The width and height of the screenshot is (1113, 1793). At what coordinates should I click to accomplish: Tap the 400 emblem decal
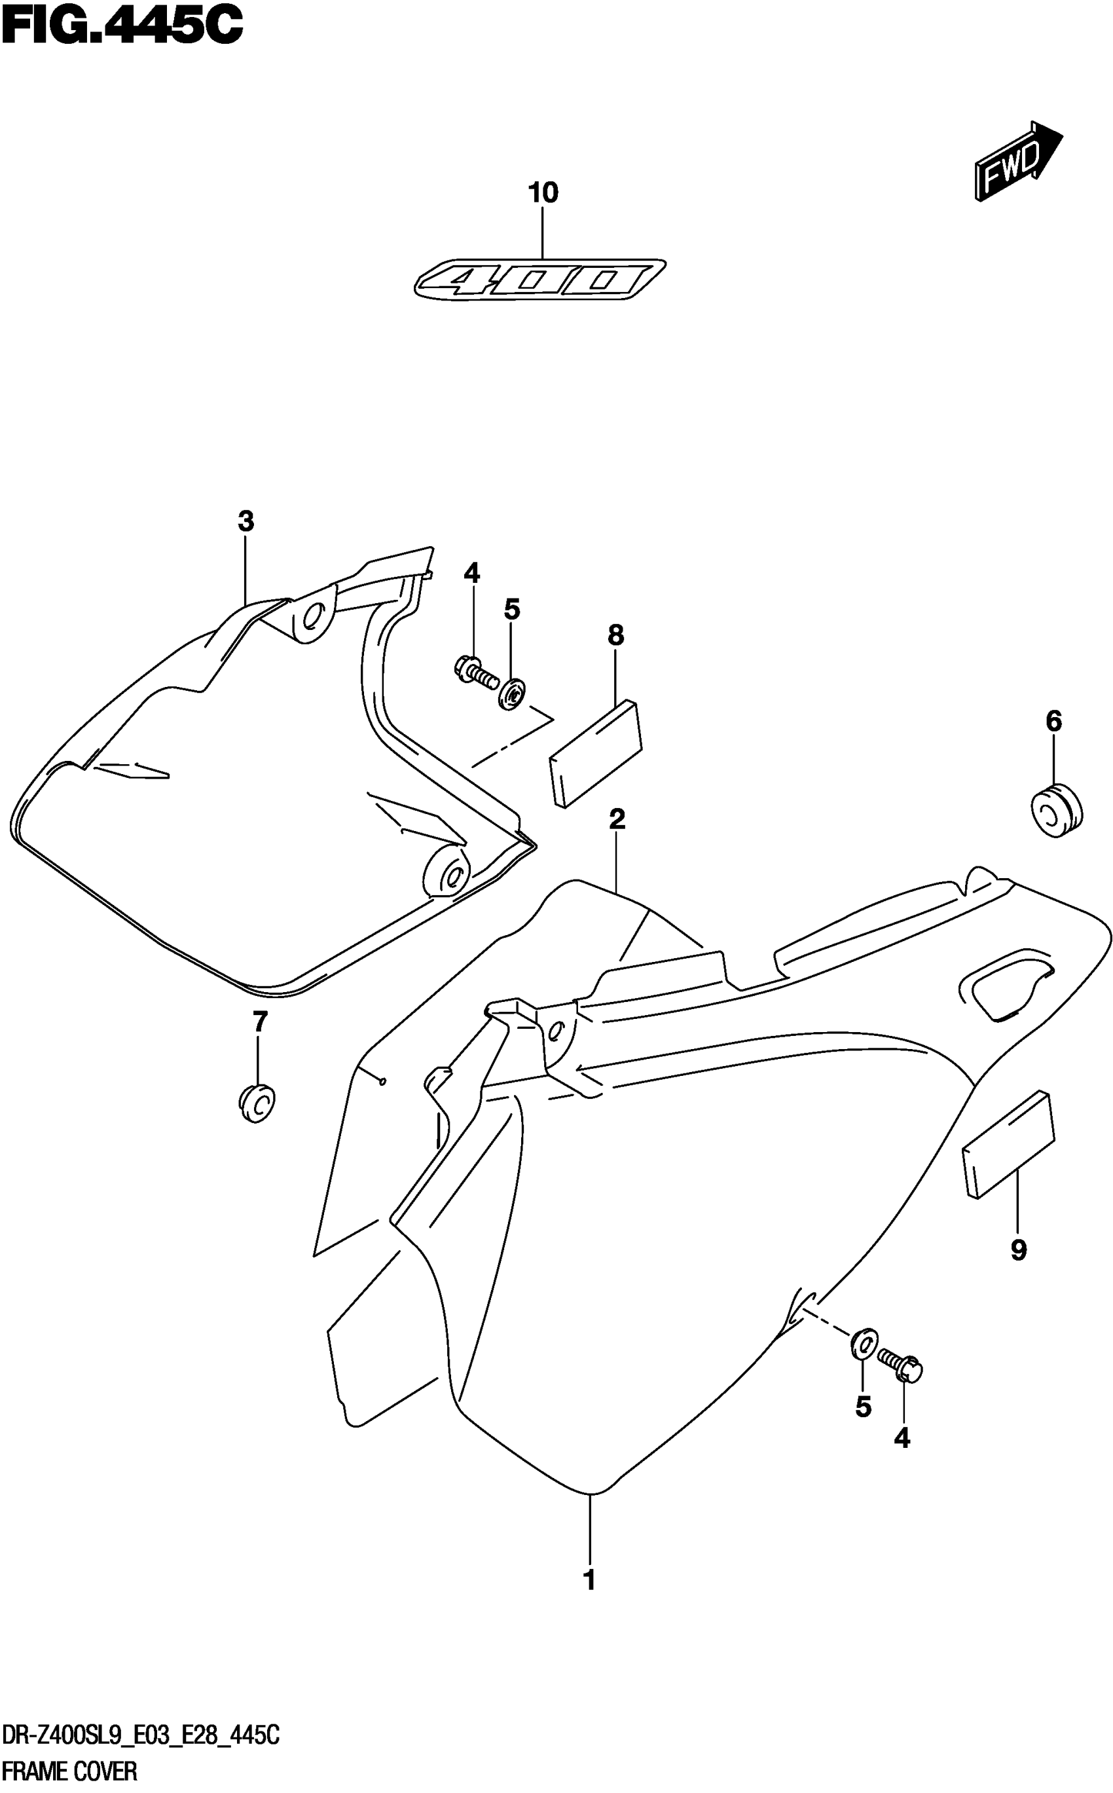[x=539, y=280]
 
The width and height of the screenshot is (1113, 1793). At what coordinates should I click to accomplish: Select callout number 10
[x=543, y=194]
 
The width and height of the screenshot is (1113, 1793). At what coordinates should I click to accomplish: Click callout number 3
[x=246, y=522]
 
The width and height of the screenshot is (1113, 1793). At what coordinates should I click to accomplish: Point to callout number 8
[x=616, y=635]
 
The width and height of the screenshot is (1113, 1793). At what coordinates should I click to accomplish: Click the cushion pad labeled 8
[x=594, y=752]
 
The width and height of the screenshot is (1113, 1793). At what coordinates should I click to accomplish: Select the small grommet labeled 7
[x=255, y=1104]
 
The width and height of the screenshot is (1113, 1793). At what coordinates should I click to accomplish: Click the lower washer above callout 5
[x=863, y=1343]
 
